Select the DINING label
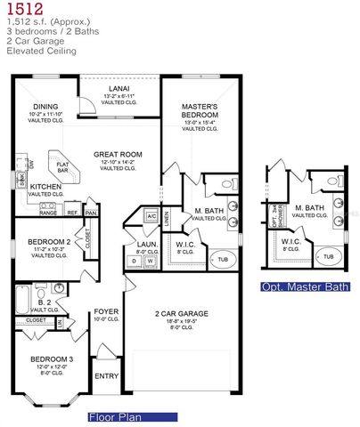(44, 107)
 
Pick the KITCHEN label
(45, 187)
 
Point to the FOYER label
(106, 311)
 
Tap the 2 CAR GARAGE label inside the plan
(181, 313)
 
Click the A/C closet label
(151, 216)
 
